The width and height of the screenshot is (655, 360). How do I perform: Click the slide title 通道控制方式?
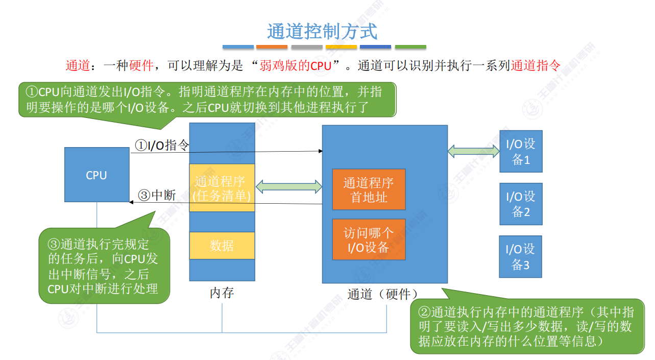click(322, 32)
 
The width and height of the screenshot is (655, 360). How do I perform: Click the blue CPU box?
click(96, 175)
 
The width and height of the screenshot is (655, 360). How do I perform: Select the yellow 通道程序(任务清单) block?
click(222, 188)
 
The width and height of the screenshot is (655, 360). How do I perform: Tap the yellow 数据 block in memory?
click(222, 246)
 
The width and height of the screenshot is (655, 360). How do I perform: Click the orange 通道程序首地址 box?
click(369, 189)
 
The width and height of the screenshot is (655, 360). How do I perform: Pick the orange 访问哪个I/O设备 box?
click(369, 239)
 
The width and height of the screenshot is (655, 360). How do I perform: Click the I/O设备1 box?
click(520, 151)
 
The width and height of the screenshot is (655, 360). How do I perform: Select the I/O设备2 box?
click(520, 204)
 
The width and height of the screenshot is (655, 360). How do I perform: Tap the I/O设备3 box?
click(520, 256)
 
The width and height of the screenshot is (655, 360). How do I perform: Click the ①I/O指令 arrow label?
click(162, 146)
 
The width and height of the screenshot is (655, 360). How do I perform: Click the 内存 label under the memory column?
click(222, 293)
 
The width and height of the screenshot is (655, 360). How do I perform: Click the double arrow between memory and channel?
click(288, 186)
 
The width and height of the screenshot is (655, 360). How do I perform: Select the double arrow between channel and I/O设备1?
click(473, 150)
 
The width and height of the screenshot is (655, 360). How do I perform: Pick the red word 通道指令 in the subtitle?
click(536, 66)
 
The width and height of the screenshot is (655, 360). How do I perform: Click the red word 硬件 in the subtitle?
click(141, 66)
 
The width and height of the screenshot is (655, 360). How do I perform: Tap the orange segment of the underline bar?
click(272, 47)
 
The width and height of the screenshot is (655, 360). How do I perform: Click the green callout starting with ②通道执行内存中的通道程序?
click(526, 326)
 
